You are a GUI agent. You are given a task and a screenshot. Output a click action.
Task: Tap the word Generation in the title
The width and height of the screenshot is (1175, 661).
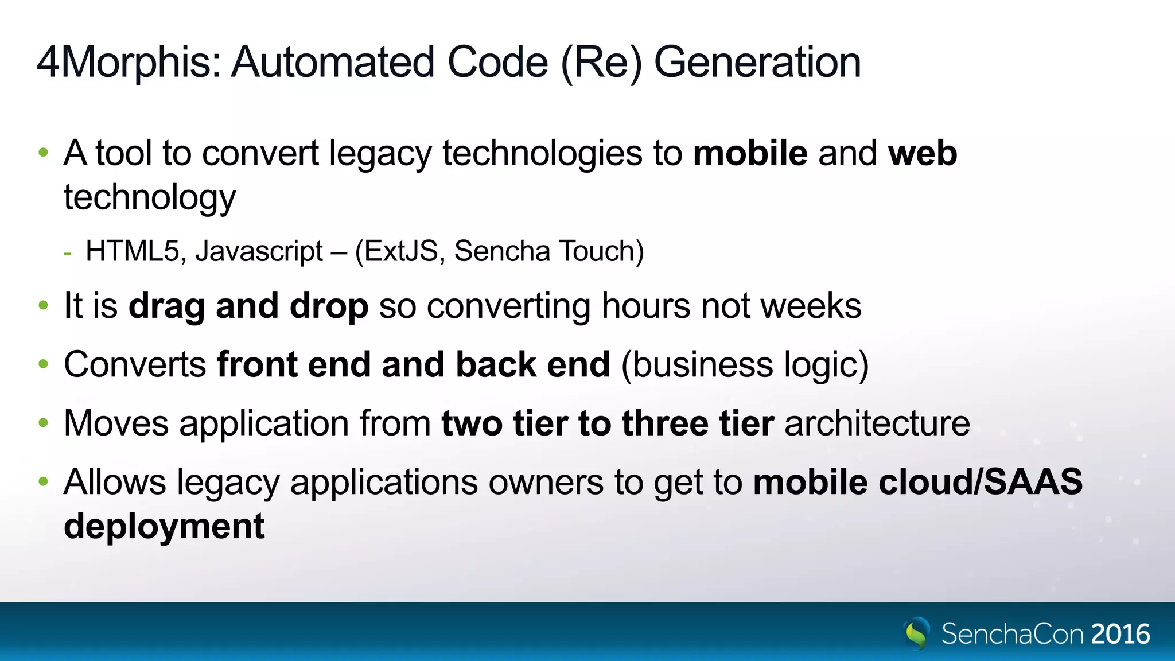coord(757,63)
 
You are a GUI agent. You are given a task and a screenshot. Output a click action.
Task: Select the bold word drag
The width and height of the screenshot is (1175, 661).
coord(166,306)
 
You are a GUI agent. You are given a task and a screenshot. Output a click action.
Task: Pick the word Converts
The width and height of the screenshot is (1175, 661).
coord(135,365)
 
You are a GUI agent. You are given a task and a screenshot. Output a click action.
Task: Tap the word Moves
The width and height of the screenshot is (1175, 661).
coord(116,423)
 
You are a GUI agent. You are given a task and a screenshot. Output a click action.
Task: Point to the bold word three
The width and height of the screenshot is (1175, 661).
coord(666,423)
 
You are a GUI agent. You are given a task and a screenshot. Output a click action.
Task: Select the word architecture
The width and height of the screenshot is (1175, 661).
coord(877,423)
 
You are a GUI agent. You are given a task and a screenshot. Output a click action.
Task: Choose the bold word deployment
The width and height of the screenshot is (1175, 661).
coord(164,526)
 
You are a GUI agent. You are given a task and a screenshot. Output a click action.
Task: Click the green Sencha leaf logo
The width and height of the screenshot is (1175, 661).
coord(917,633)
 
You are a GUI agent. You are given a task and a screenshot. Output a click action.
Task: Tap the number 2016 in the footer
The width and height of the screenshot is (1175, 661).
coord(1120,634)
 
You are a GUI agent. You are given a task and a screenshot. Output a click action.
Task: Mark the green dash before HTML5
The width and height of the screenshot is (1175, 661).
coord(68,252)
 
